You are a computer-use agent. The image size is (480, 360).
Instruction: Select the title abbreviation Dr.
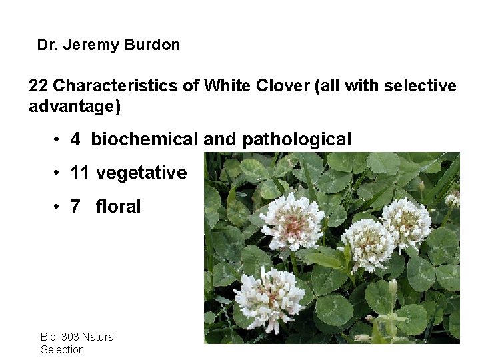[x=47, y=45]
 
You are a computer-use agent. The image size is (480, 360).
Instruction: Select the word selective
[x=422, y=86]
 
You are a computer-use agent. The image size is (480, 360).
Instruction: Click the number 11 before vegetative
[x=79, y=173]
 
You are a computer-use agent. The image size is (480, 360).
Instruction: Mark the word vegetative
[x=141, y=173]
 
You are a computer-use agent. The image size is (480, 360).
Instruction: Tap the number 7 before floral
[x=75, y=207]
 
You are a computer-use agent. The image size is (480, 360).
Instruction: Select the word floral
[x=118, y=207]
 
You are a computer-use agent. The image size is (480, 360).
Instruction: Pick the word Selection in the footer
[x=62, y=349]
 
